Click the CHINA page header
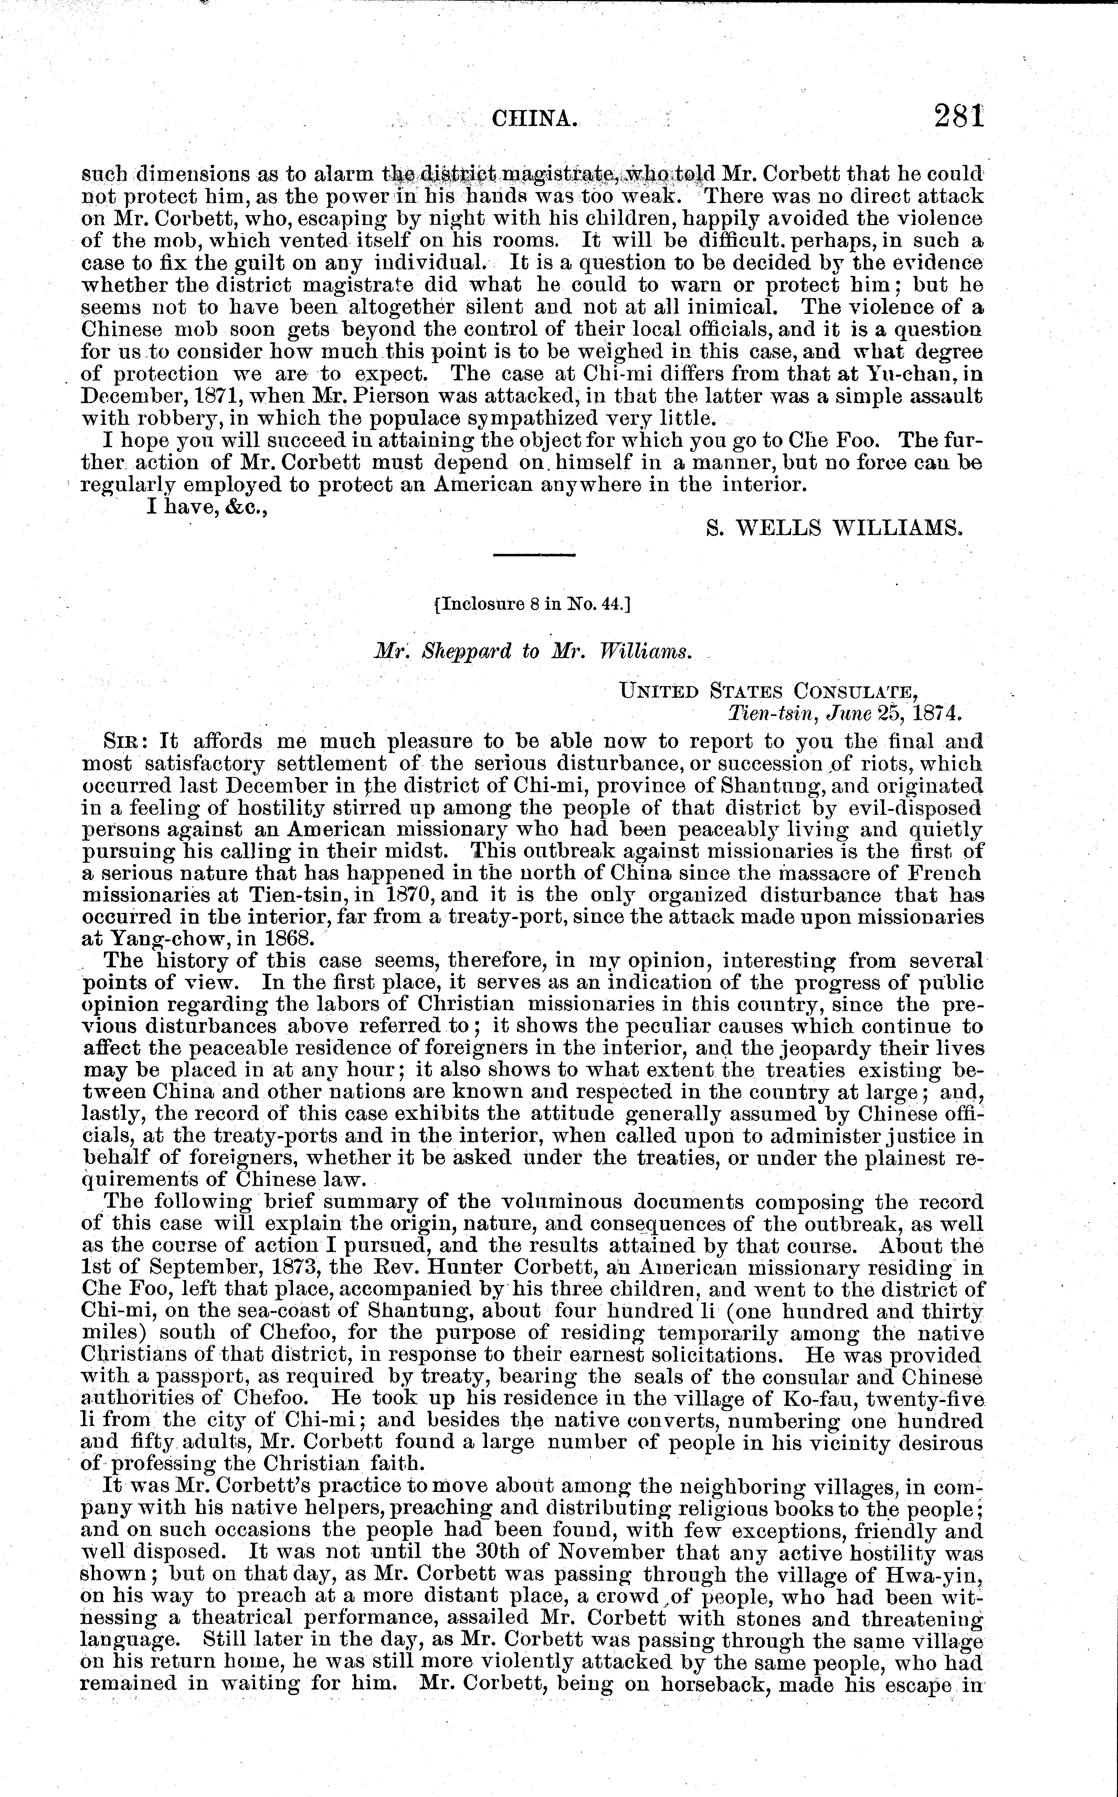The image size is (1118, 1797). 534,118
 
